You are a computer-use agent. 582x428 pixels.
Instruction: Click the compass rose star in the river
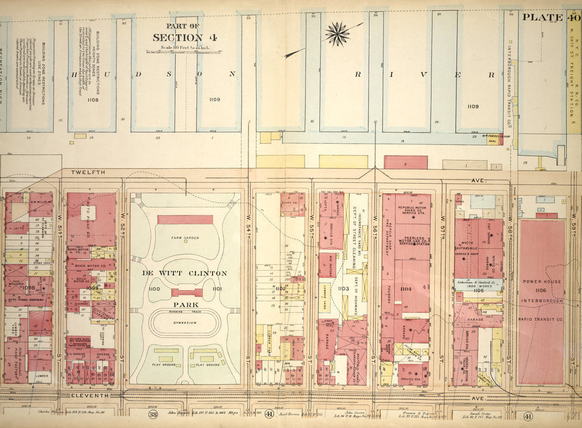click(338, 34)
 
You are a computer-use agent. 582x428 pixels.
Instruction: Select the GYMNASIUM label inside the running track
click(185, 322)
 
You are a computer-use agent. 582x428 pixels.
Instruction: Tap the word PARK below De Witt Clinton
click(185, 305)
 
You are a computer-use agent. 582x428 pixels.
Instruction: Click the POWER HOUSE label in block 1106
click(542, 281)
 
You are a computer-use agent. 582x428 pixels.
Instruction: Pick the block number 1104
click(405, 289)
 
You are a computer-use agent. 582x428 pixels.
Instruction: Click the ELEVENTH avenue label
click(89, 394)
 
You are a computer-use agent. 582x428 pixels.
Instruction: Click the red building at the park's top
click(185, 219)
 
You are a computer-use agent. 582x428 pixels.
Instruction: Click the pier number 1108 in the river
click(92, 99)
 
